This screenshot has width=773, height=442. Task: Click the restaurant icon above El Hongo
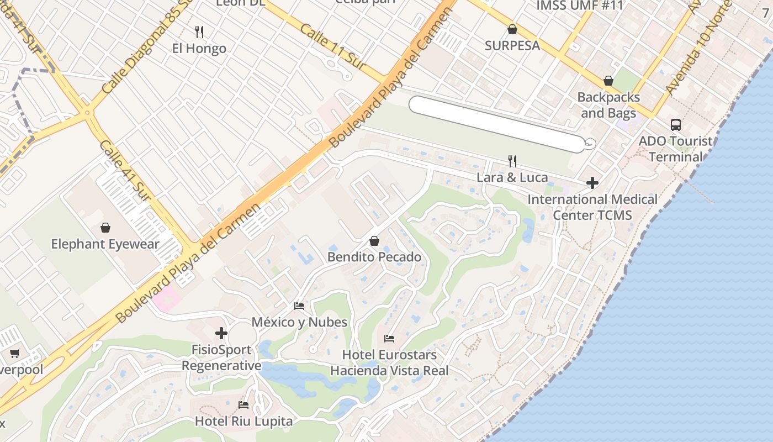click(199, 31)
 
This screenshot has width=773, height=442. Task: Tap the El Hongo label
click(199, 49)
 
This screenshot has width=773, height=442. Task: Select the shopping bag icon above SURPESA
click(512, 29)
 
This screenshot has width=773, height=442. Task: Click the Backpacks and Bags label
click(608, 105)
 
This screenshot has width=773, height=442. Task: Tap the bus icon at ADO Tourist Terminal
click(676, 124)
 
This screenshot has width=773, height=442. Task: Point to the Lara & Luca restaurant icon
click(512, 161)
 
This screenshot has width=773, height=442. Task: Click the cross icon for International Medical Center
click(592, 182)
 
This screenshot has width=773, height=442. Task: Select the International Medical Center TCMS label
click(592, 207)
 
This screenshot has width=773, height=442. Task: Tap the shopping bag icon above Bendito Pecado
click(374, 241)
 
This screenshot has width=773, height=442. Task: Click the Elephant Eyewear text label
click(105, 244)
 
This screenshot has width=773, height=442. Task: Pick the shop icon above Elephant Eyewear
click(105, 227)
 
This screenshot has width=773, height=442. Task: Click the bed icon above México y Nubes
click(299, 306)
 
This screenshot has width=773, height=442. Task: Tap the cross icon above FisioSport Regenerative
click(221, 333)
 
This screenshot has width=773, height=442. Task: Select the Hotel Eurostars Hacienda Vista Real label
click(389, 362)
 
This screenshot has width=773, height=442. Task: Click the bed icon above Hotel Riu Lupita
click(243, 404)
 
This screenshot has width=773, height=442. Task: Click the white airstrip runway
click(497, 124)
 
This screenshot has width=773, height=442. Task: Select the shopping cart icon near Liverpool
click(14, 353)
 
